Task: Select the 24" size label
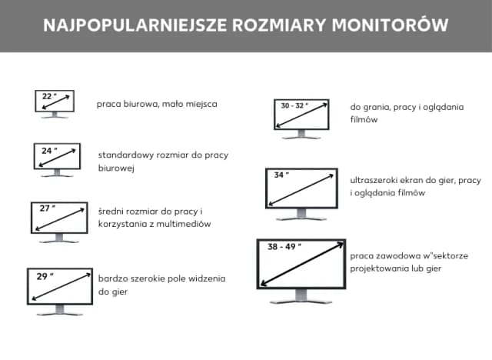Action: tap(48, 151)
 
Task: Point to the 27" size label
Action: tap(48, 208)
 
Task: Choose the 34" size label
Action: tap(282, 175)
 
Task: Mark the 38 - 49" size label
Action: tap(284, 248)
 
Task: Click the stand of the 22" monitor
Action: tap(55, 115)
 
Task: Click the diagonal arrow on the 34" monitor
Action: tap(303, 188)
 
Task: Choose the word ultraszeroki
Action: tap(376, 180)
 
